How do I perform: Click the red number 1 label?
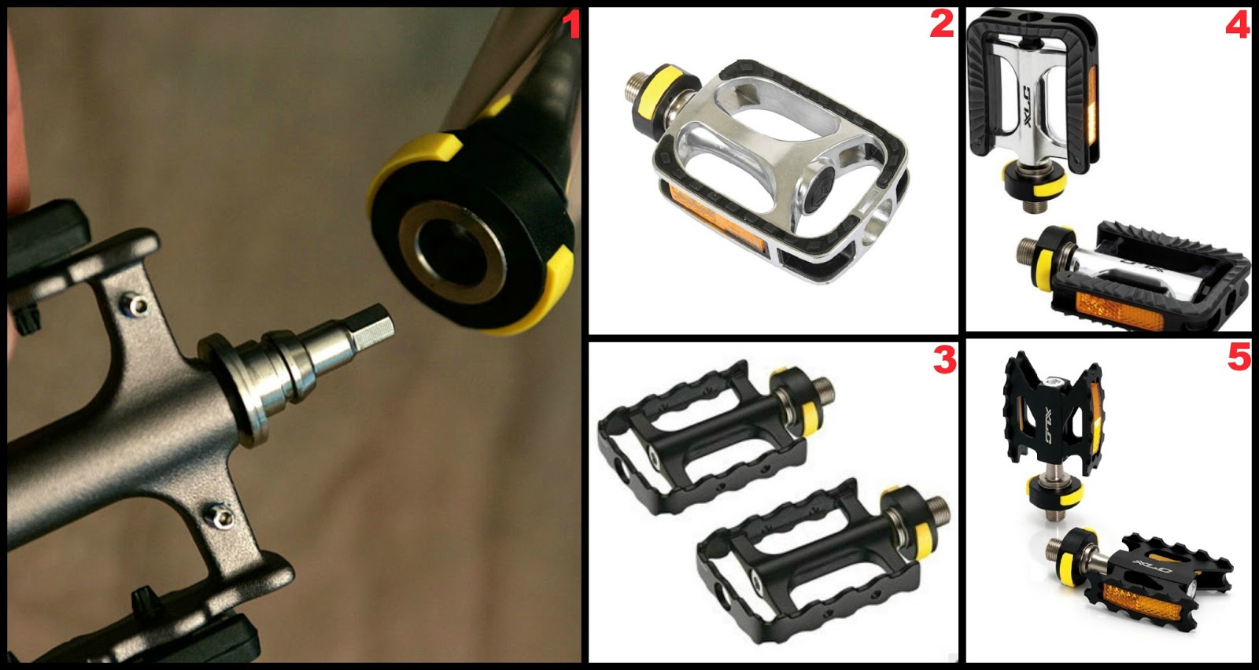pos(571,26)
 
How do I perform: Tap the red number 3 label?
pos(944,359)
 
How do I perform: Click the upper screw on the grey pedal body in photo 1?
pos(137,307)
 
